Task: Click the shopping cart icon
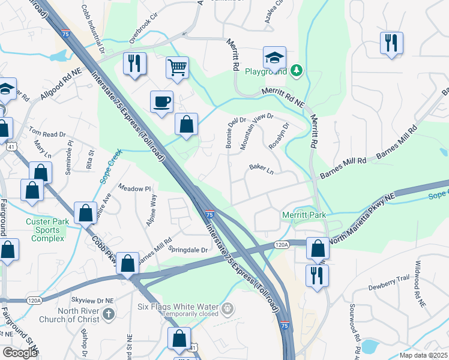(177, 67)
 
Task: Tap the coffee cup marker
(163, 101)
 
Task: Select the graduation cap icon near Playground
(274, 58)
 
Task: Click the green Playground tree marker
(295, 71)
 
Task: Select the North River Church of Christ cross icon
(108, 314)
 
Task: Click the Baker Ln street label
(262, 170)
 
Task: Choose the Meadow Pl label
(134, 188)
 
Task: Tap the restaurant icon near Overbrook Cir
(134, 63)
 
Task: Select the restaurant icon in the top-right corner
(391, 42)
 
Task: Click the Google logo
(19, 352)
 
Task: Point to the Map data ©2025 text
(423, 355)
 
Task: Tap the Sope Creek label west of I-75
(112, 160)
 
